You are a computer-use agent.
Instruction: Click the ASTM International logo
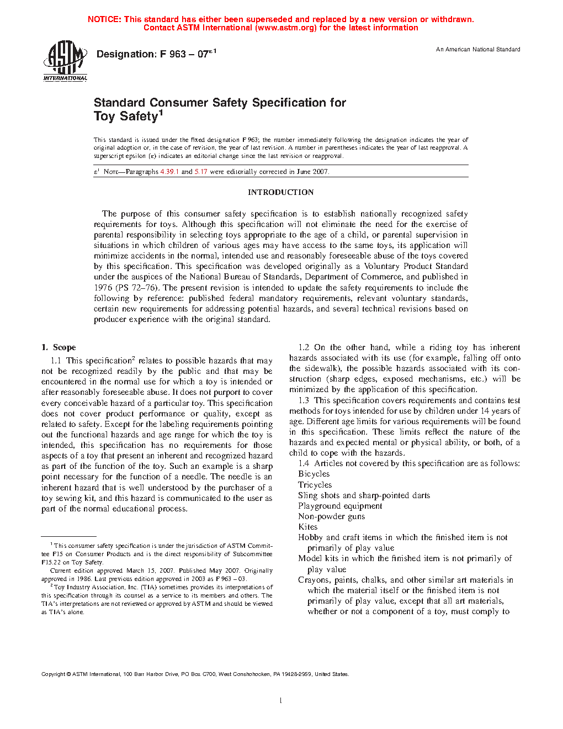pos(65,61)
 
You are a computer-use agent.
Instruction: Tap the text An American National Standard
pos(478,50)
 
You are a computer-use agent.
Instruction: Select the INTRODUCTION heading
pos(280,192)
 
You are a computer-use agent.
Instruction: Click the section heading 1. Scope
pos(59,347)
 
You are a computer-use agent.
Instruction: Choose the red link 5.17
pos(201,172)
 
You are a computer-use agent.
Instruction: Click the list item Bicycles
pos(314,474)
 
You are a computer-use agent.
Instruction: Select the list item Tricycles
pos(315,485)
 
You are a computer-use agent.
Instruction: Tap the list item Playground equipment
pos(340,506)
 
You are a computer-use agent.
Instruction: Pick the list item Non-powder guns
pos(331,516)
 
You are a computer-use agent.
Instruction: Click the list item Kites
pos(307,527)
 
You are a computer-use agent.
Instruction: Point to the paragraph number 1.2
pos(304,347)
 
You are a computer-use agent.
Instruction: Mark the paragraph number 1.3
pos(304,400)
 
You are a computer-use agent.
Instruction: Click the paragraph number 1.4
pos(304,463)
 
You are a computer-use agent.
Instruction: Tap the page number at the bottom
pos(281,701)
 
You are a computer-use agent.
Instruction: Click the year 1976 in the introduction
pos(103,288)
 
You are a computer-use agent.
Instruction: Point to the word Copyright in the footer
pos(54,674)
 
